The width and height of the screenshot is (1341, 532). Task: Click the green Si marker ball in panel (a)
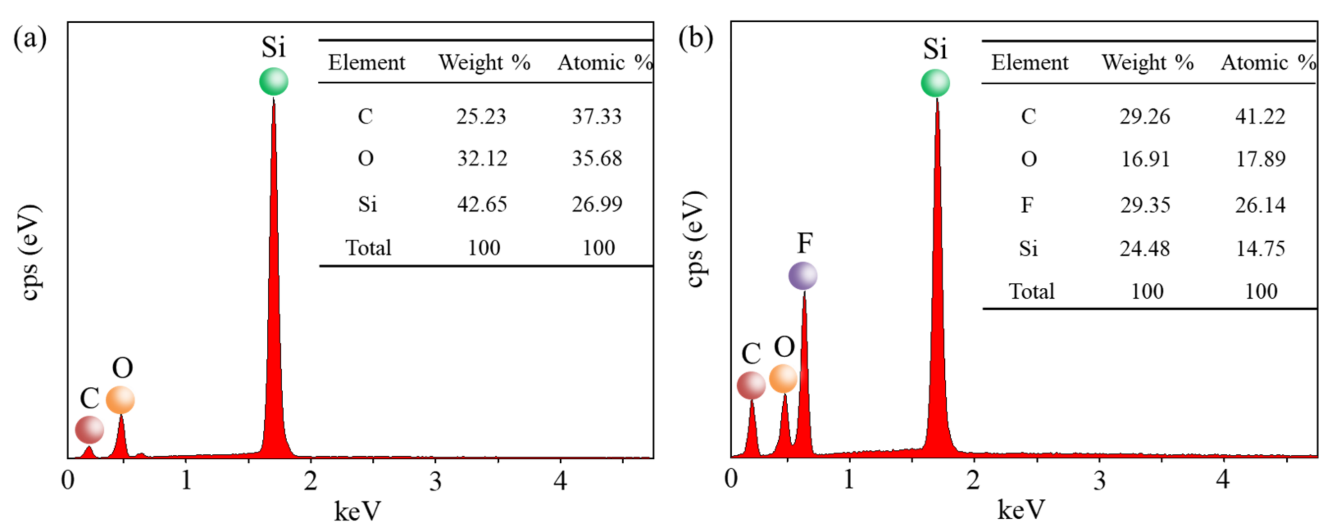point(273,82)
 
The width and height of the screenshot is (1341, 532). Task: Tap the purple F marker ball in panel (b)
point(802,276)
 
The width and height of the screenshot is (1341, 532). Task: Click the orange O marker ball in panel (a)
point(120,400)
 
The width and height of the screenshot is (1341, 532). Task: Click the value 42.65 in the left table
point(482,204)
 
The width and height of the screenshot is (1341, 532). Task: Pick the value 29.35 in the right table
point(1145,205)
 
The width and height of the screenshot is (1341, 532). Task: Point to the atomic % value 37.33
point(597,116)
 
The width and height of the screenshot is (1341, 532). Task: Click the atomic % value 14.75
point(1260,248)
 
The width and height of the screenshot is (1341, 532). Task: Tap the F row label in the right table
point(1027,205)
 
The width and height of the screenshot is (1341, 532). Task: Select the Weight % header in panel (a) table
point(484,62)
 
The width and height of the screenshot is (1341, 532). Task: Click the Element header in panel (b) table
point(1029,62)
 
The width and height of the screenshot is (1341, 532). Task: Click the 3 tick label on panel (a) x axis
point(435,481)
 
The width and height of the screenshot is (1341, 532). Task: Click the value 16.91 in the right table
point(1145,159)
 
